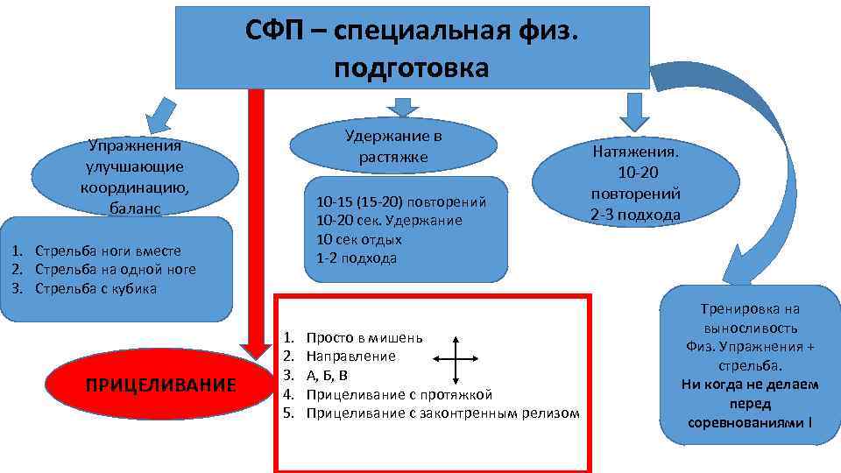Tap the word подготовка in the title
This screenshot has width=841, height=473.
[x=411, y=68]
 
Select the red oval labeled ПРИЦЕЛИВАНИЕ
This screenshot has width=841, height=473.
[x=160, y=385]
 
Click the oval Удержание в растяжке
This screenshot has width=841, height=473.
[x=393, y=145]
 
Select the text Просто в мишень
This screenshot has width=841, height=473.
[x=364, y=337]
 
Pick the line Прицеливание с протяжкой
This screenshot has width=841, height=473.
[x=399, y=394]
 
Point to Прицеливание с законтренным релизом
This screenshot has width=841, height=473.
[x=442, y=413]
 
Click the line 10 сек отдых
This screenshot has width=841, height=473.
[x=358, y=239]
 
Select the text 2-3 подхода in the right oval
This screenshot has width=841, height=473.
[x=636, y=215]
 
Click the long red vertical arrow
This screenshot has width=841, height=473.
[x=256, y=219]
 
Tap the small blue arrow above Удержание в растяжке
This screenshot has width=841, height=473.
[x=403, y=104]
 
